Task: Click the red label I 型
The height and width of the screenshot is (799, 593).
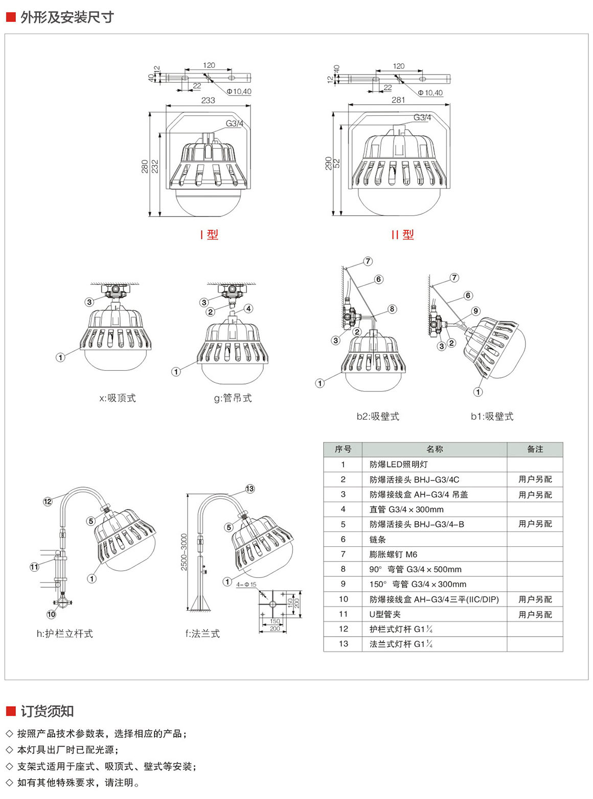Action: (209, 235)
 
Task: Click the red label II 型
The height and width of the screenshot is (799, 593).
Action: (402, 235)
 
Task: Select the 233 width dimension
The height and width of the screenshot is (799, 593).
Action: (208, 101)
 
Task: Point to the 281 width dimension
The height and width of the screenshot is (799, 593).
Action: (398, 100)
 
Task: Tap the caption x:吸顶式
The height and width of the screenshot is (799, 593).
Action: (118, 398)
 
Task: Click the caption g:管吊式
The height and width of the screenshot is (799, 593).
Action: (233, 398)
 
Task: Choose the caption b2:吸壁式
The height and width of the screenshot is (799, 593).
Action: (378, 417)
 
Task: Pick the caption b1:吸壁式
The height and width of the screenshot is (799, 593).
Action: (492, 417)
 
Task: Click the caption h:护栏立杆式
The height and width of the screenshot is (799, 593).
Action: (65, 634)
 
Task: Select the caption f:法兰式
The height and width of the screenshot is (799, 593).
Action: (202, 634)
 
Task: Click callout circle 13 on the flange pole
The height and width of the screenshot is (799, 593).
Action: (250, 489)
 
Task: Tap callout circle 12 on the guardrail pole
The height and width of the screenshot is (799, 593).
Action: (48, 501)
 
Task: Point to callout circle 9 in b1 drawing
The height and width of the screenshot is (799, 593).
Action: (476, 311)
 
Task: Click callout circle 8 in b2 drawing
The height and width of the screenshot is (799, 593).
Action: (392, 309)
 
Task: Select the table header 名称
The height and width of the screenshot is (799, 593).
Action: (435, 449)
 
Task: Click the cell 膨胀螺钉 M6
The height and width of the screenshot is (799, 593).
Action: (393, 554)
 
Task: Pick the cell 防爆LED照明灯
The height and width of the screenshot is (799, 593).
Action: (398, 465)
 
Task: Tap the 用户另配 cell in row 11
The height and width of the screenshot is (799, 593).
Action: (535, 615)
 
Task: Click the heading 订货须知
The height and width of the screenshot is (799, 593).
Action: (47, 711)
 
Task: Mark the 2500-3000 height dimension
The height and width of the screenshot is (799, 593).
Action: (184, 552)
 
